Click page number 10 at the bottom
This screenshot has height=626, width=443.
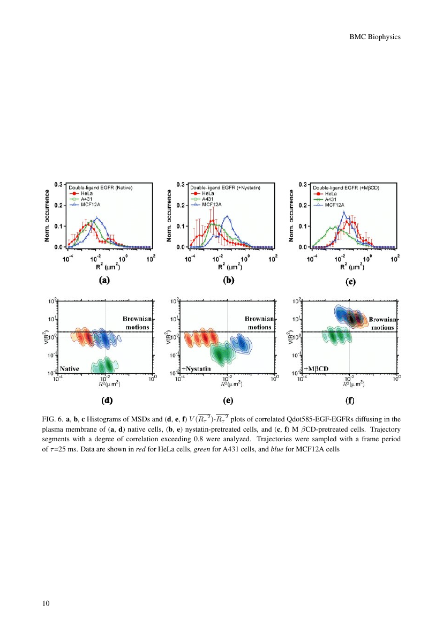[46, 604]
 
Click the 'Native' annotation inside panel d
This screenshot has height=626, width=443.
[70, 368]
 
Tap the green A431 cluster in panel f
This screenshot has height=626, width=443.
[336, 337]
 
